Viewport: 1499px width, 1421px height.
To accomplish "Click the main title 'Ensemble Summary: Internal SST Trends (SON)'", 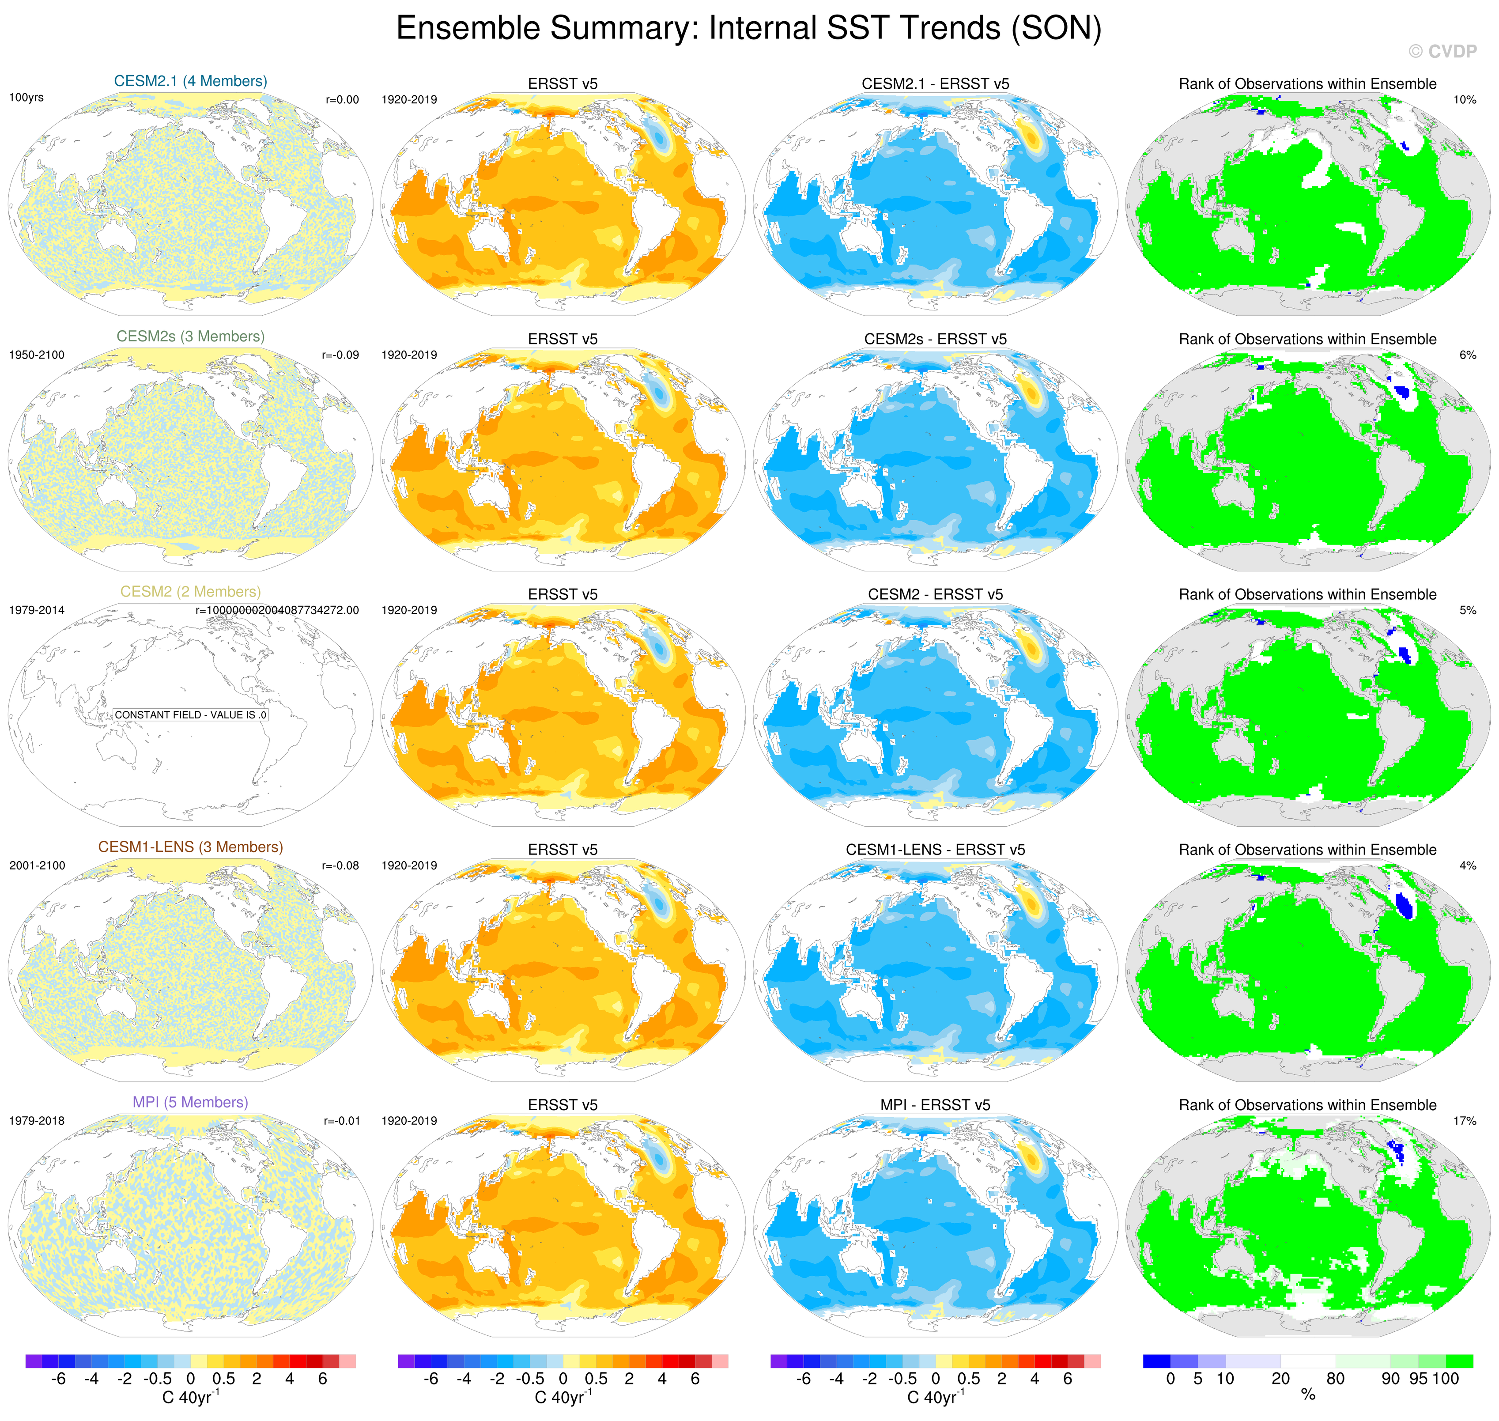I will (x=748, y=29).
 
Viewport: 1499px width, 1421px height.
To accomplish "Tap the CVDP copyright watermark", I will (x=1442, y=52).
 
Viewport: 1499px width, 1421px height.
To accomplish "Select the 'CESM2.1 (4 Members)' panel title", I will (x=190, y=81).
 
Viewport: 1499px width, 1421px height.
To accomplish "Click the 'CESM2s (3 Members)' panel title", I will (x=190, y=336).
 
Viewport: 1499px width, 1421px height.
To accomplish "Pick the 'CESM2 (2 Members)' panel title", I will (x=190, y=592).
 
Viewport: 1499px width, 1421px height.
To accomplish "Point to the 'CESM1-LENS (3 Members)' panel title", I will (x=190, y=847).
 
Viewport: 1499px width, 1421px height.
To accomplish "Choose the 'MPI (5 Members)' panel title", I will (x=190, y=1102).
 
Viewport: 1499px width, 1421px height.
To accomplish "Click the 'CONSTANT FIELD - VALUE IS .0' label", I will (x=190, y=714).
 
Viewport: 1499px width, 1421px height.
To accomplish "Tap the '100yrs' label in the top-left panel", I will (x=26, y=98).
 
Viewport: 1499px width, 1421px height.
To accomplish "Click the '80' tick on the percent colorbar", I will (x=1335, y=1379).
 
